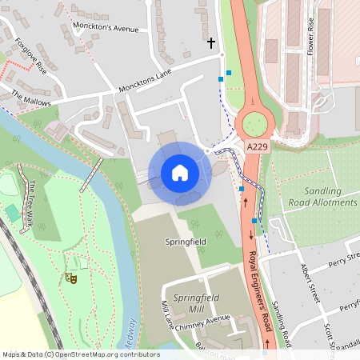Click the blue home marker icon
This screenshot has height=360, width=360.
tap(179, 173)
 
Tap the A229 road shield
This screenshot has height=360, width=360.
tap(256, 147)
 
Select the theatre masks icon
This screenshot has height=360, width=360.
tap(70, 278)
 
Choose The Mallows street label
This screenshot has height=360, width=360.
tap(30, 100)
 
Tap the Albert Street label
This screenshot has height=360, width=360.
tap(310, 281)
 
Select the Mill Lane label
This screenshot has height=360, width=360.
tap(167, 314)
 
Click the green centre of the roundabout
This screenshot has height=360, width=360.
tap(254, 124)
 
